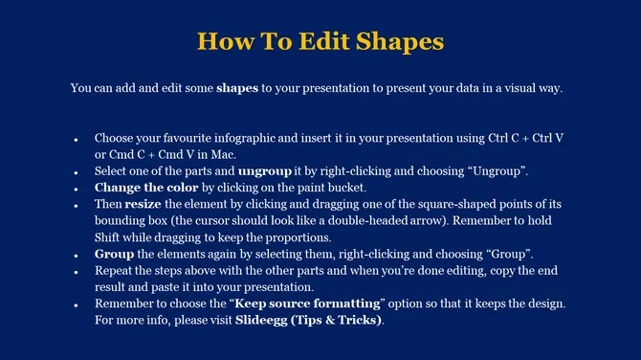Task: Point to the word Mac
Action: (x=220, y=154)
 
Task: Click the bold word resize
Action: (x=144, y=205)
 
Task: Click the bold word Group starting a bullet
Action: (x=114, y=254)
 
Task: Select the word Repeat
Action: (x=114, y=271)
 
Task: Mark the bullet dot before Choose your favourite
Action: (x=76, y=140)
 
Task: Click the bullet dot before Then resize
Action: (x=76, y=206)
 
